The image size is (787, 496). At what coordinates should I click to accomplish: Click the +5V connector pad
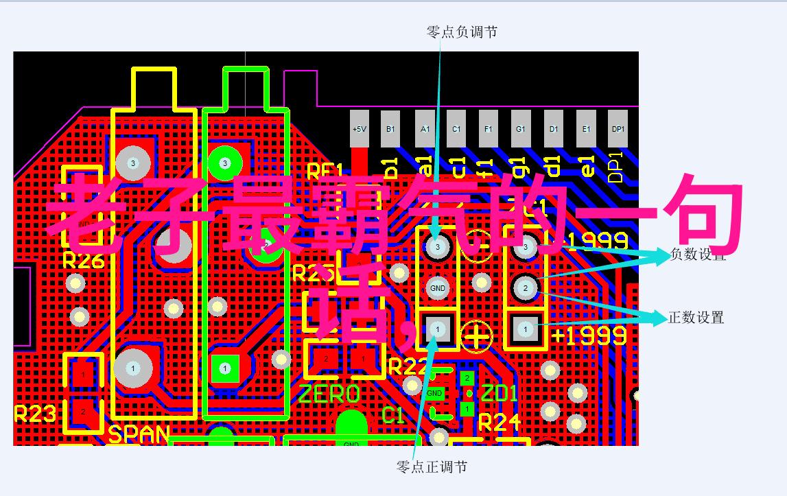point(359,129)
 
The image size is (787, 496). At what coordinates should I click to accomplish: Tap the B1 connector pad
point(390,129)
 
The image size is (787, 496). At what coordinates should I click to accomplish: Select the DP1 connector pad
point(618,129)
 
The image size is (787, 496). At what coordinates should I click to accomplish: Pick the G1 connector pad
point(521,129)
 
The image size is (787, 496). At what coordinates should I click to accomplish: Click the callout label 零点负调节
point(462,32)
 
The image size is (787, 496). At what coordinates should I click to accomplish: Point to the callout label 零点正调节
point(432,467)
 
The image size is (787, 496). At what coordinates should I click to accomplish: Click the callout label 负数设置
point(697,254)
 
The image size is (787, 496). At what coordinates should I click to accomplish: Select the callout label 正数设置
point(696,318)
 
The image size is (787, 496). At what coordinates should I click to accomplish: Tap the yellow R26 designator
point(83,261)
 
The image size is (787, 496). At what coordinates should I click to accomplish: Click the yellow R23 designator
point(35,414)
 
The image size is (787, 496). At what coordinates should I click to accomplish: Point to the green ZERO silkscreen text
point(329,394)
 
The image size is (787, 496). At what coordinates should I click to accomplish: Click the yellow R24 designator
point(500,423)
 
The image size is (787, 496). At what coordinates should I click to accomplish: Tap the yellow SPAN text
point(139,434)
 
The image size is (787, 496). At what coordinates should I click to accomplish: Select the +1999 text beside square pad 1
point(589,335)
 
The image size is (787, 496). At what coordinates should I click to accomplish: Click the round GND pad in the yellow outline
point(437,288)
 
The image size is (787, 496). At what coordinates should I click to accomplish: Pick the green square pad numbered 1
point(224,368)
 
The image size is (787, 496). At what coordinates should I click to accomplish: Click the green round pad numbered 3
point(224,163)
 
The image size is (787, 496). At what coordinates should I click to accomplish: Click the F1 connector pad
point(488,129)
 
